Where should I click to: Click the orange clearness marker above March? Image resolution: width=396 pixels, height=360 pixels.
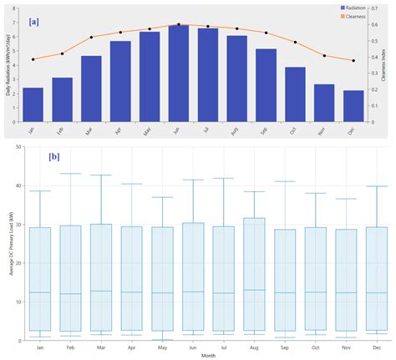91,38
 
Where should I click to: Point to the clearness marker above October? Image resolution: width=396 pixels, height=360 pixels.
295,42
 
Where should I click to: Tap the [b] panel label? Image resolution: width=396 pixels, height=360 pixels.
53,156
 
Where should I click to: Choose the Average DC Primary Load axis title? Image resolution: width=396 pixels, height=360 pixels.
9,251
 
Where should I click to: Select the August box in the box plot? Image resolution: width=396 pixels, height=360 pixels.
253,275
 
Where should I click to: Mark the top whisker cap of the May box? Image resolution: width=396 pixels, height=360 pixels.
162,197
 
